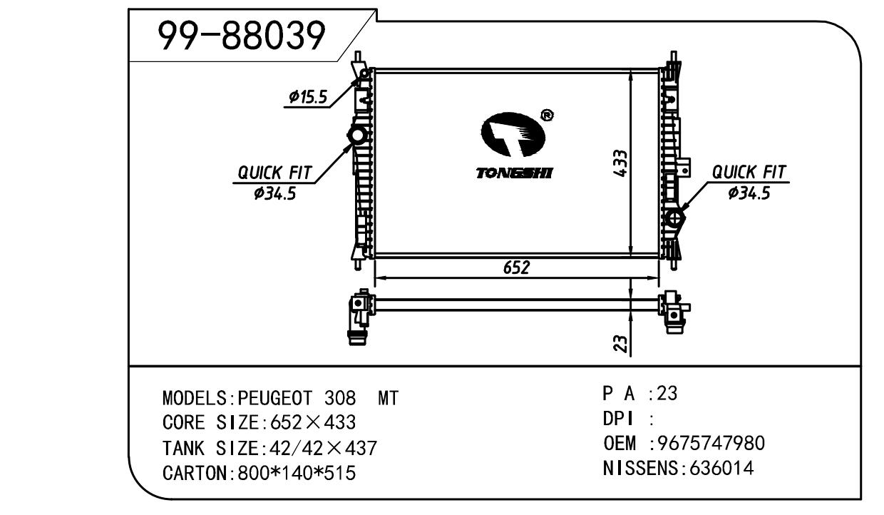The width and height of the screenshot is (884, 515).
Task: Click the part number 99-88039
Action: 242,36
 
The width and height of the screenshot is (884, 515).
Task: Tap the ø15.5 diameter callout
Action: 308,97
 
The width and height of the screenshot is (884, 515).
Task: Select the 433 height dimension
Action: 620,163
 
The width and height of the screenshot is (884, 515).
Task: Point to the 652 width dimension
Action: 516,267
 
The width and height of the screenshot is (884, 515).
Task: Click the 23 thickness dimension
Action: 620,344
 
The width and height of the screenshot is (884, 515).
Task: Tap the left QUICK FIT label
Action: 274,173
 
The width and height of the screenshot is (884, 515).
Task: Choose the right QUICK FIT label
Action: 749,172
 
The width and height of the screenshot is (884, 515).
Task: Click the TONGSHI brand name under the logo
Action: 514,173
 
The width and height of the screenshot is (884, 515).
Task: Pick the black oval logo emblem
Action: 513,134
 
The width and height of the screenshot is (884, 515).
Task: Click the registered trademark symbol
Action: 547,116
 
